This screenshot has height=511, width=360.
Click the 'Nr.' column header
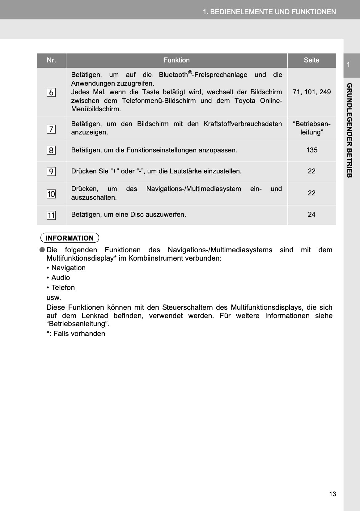click(51, 60)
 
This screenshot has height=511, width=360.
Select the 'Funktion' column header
click(176, 60)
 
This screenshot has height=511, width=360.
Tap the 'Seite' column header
click(311, 60)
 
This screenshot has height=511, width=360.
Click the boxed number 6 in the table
click(51, 92)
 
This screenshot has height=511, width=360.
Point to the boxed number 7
click(51, 129)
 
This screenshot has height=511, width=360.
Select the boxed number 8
click(51, 151)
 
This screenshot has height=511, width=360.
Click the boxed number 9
click(51, 172)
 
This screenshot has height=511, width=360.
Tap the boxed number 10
click(51, 194)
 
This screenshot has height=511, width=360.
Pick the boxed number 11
click(51, 215)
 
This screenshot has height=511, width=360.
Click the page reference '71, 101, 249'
click(311, 92)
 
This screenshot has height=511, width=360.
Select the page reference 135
click(311, 150)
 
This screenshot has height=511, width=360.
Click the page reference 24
click(311, 215)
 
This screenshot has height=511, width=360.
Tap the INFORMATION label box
click(70, 238)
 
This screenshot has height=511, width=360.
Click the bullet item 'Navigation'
click(68, 268)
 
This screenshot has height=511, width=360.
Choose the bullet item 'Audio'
click(61, 278)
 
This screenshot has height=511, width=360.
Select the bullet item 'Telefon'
click(63, 288)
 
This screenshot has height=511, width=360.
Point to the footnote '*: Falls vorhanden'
click(76, 334)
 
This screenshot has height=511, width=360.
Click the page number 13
click(332, 494)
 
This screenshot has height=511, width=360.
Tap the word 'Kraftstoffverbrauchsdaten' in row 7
click(243, 124)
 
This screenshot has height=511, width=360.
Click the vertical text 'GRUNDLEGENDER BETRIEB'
click(349, 130)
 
